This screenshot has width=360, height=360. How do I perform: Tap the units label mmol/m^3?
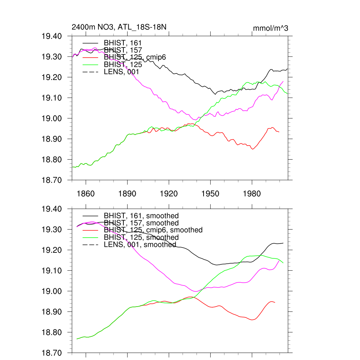(x=270, y=28)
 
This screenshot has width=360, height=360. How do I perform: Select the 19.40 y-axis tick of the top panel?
(x=52, y=36)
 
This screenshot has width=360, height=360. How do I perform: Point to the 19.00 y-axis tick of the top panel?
(x=52, y=118)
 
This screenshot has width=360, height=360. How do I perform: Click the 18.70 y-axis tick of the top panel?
(x=52, y=180)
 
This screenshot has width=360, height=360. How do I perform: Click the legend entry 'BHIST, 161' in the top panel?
(x=123, y=43)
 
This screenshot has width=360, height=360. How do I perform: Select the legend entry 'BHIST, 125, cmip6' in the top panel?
(x=135, y=57)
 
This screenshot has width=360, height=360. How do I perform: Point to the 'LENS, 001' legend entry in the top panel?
(x=122, y=72)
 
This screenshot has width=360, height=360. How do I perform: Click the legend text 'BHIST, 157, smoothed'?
(x=141, y=223)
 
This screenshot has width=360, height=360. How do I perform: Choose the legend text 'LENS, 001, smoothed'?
(x=140, y=244)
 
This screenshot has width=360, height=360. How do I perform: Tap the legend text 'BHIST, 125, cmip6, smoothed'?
(x=153, y=230)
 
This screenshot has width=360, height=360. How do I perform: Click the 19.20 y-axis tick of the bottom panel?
(x=52, y=250)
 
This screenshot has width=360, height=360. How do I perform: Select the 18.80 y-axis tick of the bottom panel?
(x=52, y=333)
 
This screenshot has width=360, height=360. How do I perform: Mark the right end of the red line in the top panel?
(x=279, y=132)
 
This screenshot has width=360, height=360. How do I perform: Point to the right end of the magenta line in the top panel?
(x=283, y=81)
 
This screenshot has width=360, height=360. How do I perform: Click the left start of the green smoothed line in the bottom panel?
(x=77, y=339)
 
